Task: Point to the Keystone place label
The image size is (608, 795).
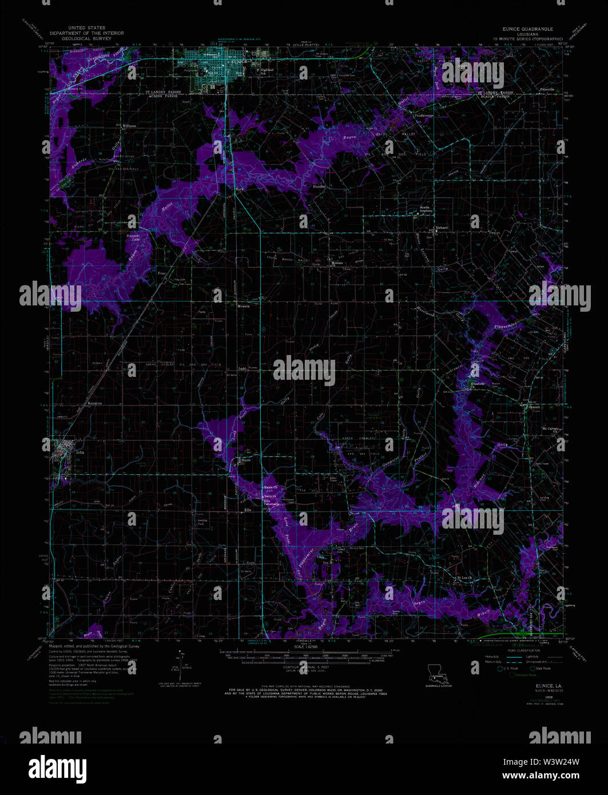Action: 94,403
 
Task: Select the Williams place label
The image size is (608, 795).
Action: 129,125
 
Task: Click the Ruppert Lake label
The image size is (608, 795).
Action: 133,237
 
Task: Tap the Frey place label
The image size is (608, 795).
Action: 161,274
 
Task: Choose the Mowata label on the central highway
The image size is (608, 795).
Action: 243,306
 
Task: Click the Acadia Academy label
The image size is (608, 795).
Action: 427,209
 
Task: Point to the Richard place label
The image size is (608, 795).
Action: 441,228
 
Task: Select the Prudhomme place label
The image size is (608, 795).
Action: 424,115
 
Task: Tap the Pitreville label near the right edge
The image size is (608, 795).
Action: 548,90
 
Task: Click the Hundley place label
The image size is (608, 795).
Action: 319,186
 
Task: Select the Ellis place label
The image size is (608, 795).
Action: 248,510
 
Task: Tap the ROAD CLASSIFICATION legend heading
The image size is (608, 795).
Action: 520,651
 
